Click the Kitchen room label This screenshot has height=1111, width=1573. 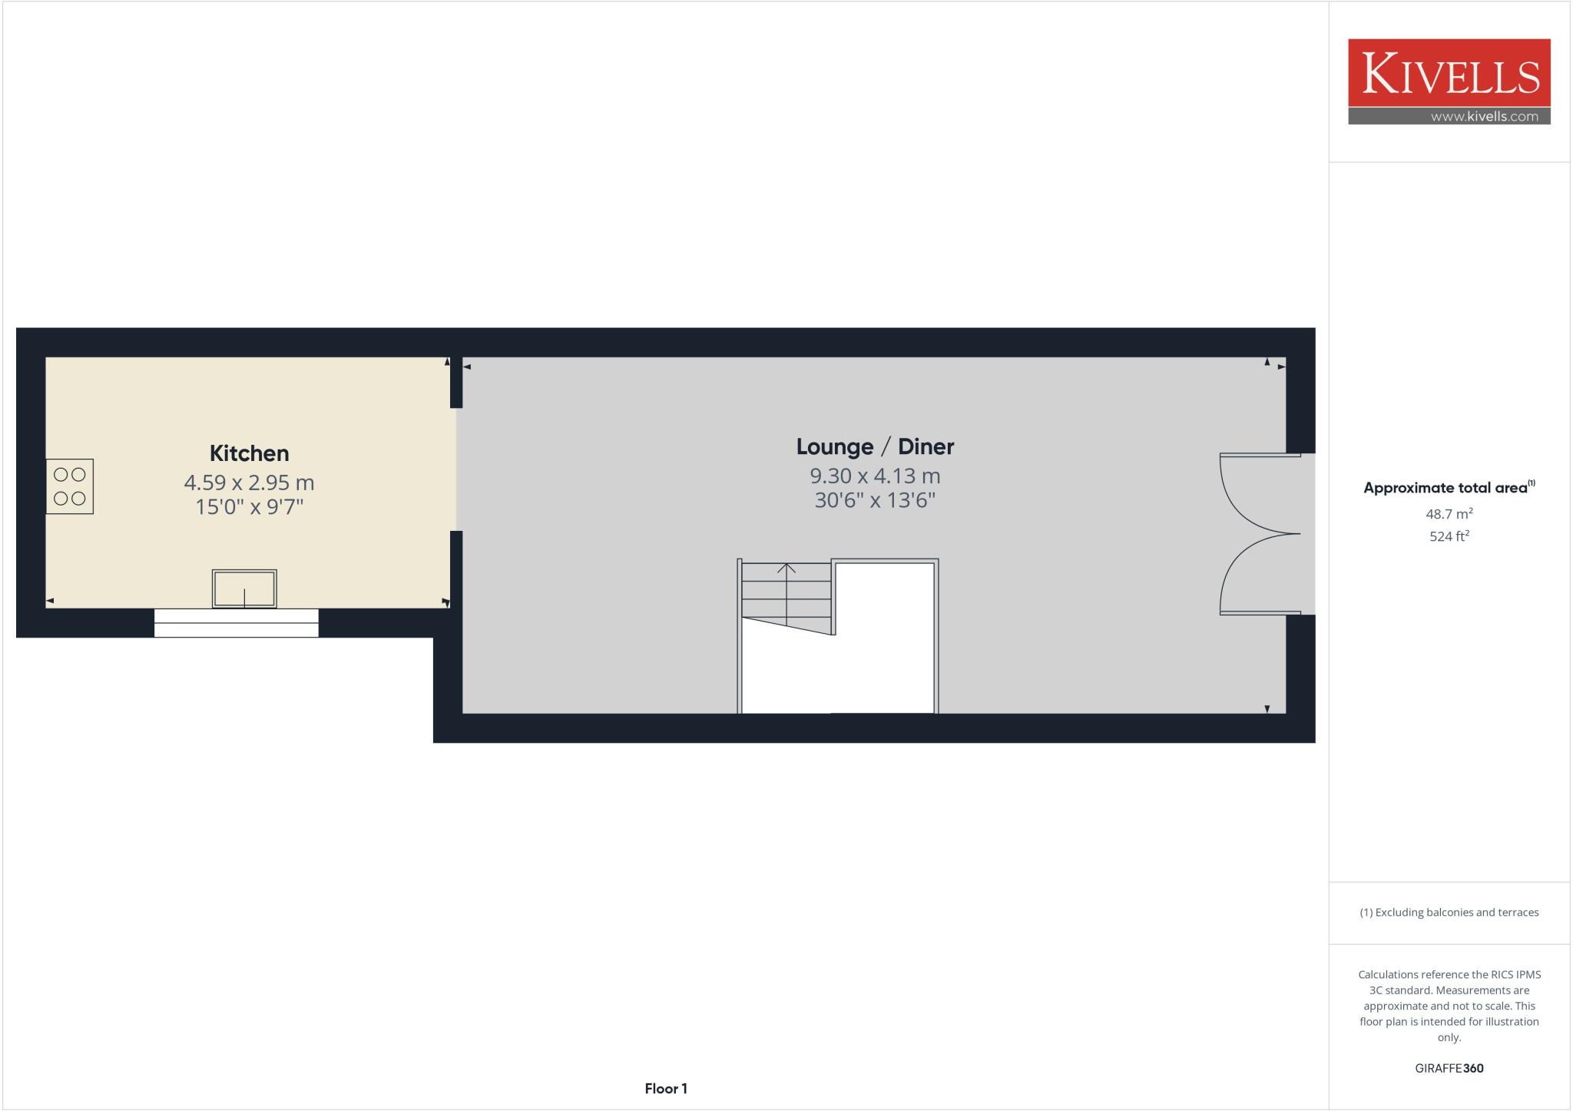click(x=249, y=453)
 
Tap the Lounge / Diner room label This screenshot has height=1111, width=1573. click(x=875, y=446)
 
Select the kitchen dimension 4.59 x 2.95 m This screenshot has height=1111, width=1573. click(x=249, y=483)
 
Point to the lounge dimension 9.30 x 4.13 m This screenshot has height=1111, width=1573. click(x=875, y=476)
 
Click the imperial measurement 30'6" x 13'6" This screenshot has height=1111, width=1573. click(x=875, y=500)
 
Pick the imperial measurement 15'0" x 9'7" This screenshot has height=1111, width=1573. click(x=249, y=507)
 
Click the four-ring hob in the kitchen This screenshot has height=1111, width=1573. click(x=70, y=486)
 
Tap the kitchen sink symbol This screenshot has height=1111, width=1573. click(x=244, y=589)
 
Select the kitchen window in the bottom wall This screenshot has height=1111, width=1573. click(x=237, y=623)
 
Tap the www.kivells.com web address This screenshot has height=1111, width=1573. click(x=1484, y=117)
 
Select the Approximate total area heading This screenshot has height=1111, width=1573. click(x=1446, y=488)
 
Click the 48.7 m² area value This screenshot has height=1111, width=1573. click(x=1449, y=514)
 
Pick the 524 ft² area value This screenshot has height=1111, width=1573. click(x=1449, y=536)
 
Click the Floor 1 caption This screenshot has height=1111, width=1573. click(x=666, y=1089)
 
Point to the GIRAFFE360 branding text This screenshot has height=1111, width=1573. click(x=1449, y=1068)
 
